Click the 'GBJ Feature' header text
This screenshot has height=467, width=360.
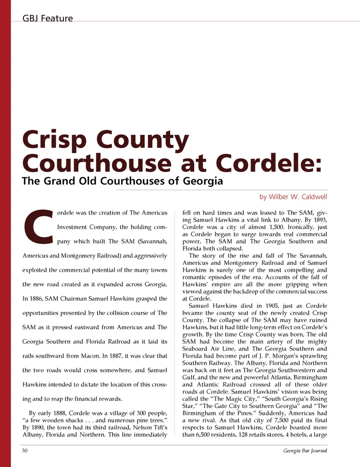tap(48, 18)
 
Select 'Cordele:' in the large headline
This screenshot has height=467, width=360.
tap(268, 163)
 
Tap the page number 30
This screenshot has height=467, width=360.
tap(25, 450)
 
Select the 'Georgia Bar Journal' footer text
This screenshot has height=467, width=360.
tap(305, 450)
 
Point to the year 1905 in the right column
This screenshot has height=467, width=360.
tap(272, 306)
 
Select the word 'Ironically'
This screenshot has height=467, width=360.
tap(300, 227)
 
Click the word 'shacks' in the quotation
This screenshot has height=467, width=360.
tap(73, 420)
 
